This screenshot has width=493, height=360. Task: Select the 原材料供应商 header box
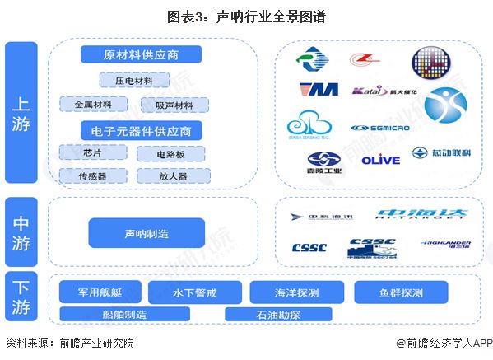tap(141, 55)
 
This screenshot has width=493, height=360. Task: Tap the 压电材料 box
tap(134, 80)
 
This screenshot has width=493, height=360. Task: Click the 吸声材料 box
tap(174, 105)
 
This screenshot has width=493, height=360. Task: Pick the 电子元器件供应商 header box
tap(141, 130)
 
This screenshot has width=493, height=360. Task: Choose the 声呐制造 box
tap(147, 234)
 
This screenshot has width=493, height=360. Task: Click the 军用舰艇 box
tap(100, 292)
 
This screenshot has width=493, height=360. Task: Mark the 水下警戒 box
tap(195, 292)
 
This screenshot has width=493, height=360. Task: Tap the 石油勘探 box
tap(277, 315)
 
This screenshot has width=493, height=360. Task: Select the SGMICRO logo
tap(377, 128)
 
